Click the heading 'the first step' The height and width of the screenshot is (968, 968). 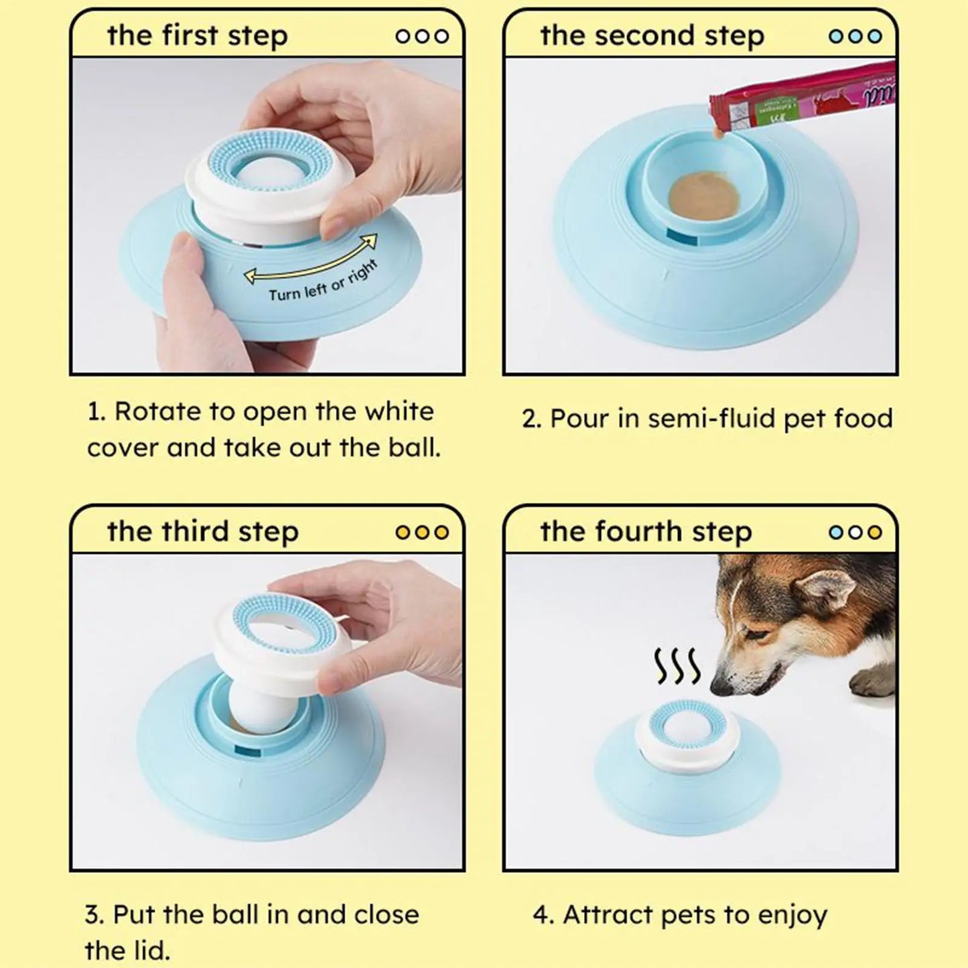[x=198, y=36]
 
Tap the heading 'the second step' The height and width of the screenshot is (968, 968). [x=651, y=36]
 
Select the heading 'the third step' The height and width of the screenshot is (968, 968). [x=202, y=532]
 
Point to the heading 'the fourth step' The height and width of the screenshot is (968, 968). [x=646, y=532]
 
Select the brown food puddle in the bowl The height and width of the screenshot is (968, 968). [x=703, y=196]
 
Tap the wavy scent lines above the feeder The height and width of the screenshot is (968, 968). [x=677, y=667]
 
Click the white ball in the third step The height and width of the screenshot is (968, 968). [x=255, y=709]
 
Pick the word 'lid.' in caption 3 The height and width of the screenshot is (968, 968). [x=147, y=950]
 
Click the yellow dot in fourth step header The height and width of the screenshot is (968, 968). [x=874, y=533]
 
